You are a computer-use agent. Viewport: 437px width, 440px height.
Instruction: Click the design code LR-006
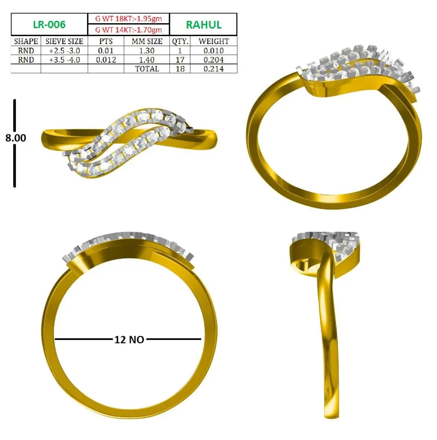[49, 24]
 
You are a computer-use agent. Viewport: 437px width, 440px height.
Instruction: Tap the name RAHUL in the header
[204, 25]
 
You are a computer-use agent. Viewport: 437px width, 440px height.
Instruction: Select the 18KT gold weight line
[128, 19]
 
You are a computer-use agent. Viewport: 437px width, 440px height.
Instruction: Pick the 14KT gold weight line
[128, 30]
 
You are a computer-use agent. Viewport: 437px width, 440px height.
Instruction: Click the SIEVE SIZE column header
[64, 41]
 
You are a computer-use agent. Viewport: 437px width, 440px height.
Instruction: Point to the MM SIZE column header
[147, 41]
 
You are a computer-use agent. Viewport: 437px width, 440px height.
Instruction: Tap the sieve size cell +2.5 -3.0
[64, 51]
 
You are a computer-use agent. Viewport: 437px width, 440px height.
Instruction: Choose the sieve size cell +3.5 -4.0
[64, 60]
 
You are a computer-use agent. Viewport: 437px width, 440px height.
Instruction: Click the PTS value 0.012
[106, 60]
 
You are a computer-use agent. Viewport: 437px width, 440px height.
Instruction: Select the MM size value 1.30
[147, 51]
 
